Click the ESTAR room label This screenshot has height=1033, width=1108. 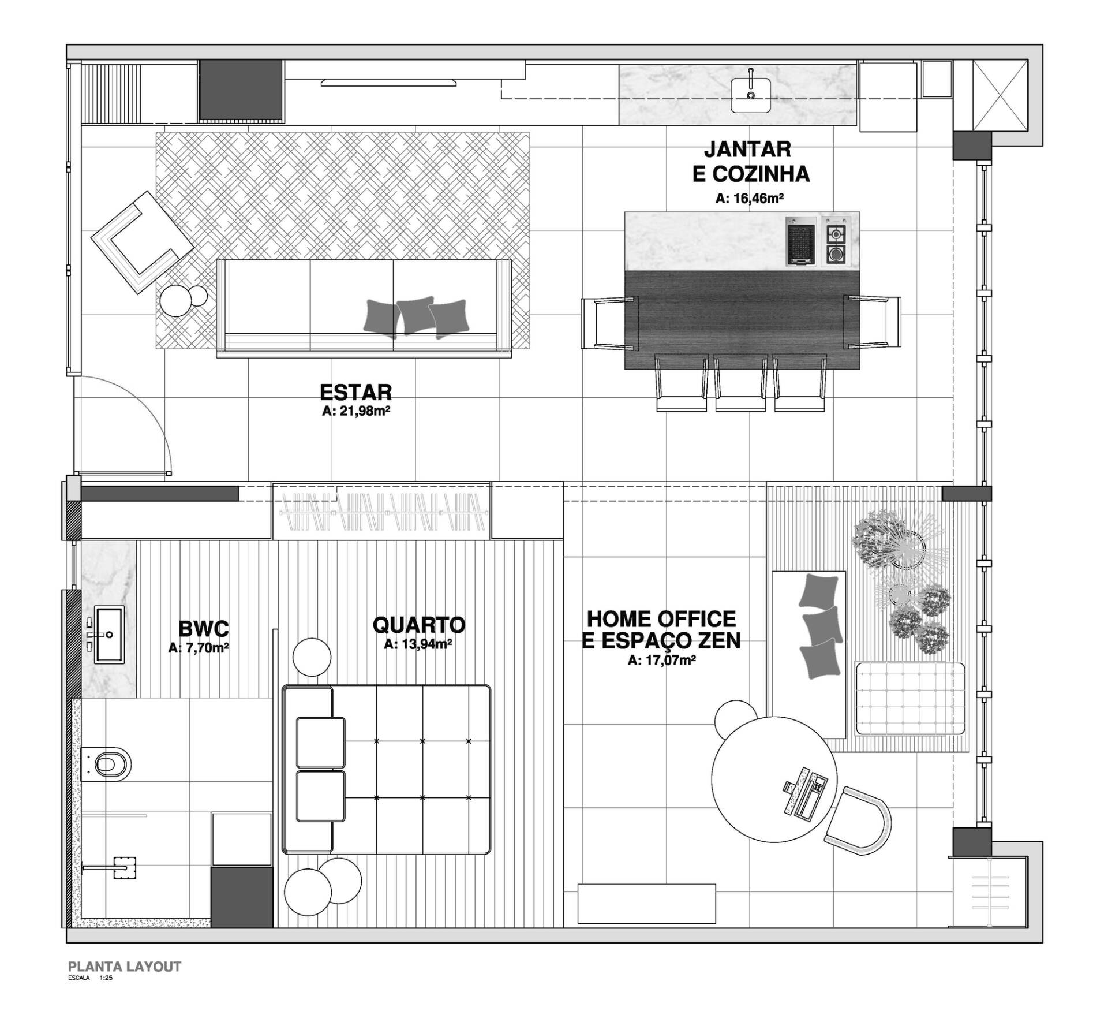pyautogui.click(x=355, y=393)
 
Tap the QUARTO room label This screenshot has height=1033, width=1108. pyautogui.click(x=418, y=625)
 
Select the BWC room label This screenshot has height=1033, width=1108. pyautogui.click(x=203, y=628)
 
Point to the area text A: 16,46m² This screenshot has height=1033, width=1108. pyautogui.click(x=750, y=198)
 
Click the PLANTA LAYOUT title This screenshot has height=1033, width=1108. pyautogui.click(x=125, y=967)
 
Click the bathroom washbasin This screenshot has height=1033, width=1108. pyautogui.click(x=108, y=634)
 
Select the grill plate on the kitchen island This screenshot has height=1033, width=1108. pyautogui.click(x=802, y=241)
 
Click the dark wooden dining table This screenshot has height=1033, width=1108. pyautogui.click(x=742, y=320)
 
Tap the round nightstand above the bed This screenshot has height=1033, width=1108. pyautogui.click(x=312, y=657)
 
